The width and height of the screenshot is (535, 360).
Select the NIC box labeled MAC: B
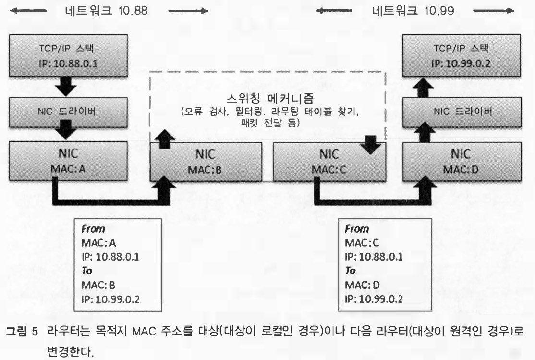click(208, 161)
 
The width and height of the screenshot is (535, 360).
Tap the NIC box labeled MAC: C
click(329, 161)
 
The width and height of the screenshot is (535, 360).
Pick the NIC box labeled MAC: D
click(461, 161)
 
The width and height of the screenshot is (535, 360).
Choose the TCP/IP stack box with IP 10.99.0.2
click(461, 56)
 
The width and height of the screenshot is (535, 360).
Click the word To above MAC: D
click(351, 271)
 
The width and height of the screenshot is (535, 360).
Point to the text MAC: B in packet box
click(98, 285)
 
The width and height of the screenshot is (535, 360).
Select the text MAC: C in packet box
click(360, 243)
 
